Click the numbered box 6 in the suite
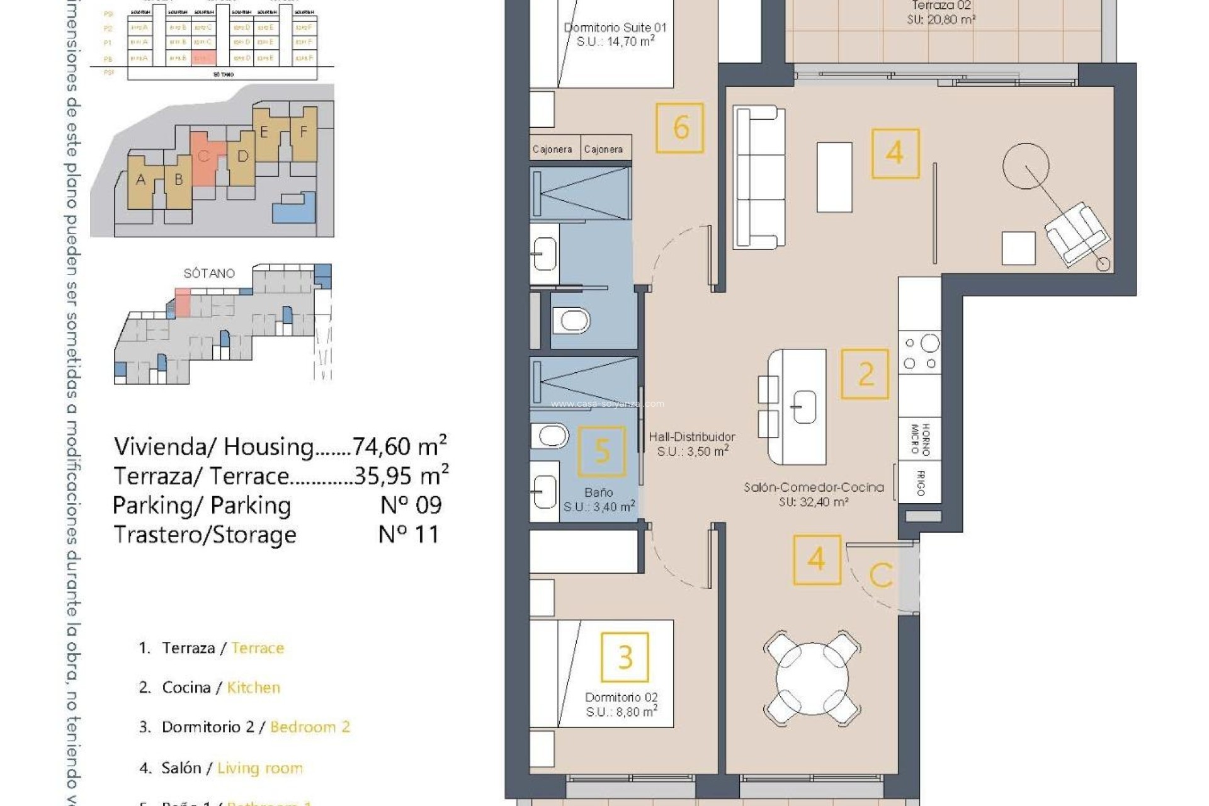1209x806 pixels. pyautogui.click(x=679, y=128)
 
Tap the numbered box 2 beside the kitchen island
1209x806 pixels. pyautogui.click(x=865, y=375)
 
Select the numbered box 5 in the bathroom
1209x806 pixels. pyautogui.click(x=602, y=451)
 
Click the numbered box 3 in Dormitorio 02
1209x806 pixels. pyautogui.click(x=625, y=657)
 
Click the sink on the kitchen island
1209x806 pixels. pyautogui.click(x=803, y=406)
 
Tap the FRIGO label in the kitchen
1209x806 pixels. pyautogui.click(x=920, y=483)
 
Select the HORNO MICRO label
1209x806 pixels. pyautogui.click(x=920, y=439)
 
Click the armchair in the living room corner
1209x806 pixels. pyautogui.click(x=1076, y=234)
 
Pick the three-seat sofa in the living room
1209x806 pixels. pyautogui.click(x=759, y=177)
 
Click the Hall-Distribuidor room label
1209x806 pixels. pyautogui.click(x=692, y=437)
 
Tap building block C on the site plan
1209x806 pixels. pyautogui.click(x=204, y=156)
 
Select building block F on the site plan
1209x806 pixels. pyautogui.click(x=304, y=132)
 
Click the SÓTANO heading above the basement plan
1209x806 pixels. pyautogui.click(x=209, y=273)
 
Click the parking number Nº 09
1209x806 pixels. pyautogui.click(x=411, y=505)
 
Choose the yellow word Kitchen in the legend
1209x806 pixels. pyautogui.click(x=253, y=688)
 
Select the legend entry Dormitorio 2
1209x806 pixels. pyautogui.click(x=208, y=727)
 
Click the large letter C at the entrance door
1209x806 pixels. pyautogui.click(x=880, y=575)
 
